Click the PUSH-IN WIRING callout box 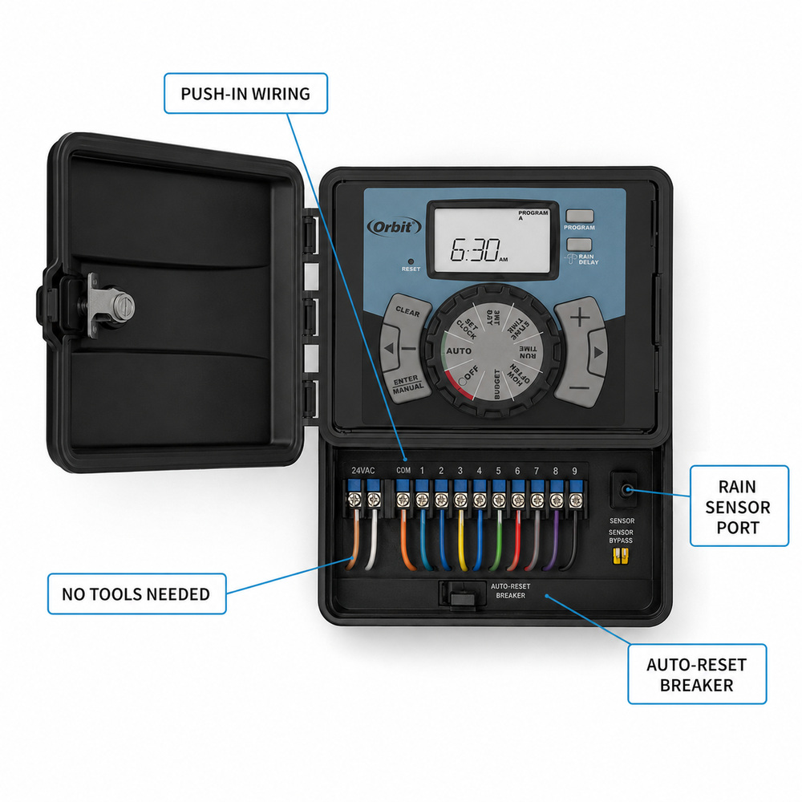(245, 93)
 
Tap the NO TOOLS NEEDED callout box (136, 593)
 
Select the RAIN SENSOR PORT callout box (739, 506)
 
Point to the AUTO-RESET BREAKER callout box (697, 674)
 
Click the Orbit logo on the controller (394, 227)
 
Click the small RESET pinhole (410, 261)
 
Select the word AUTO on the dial (458, 351)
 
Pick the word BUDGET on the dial (496, 383)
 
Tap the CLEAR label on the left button (407, 311)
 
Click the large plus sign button (580, 318)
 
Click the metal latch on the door (110, 306)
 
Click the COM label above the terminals (403, 471)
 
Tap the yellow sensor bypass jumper (621, 556)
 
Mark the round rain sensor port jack (626, 490)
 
